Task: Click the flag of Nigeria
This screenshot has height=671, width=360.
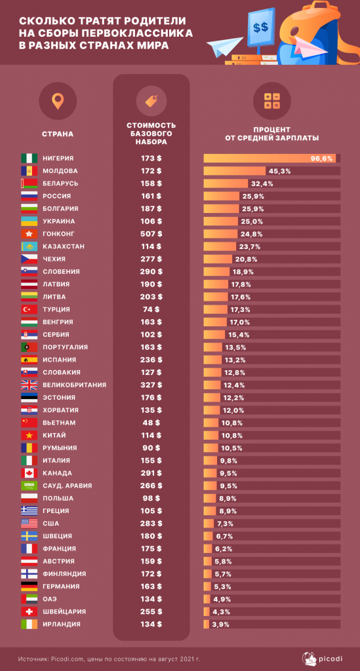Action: coord(30,159)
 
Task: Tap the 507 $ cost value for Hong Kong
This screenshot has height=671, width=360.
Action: coord(151,234)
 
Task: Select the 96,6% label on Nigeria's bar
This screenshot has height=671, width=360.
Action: coord(322,159)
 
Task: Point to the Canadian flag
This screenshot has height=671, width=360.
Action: coord(30,473)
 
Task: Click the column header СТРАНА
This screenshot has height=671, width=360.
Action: coord(58,134)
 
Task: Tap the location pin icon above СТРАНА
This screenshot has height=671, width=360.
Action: coord(58,102)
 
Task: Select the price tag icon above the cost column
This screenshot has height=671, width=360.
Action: coord(151,101)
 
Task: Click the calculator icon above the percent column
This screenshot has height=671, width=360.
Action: coord(271,101)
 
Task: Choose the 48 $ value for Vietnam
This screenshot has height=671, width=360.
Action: coord(151,423)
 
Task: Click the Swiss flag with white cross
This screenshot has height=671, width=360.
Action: coord(30,611)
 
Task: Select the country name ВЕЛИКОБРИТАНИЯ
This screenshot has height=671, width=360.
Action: coord(74,385)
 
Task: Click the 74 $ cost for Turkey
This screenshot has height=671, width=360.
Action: coord(151,309)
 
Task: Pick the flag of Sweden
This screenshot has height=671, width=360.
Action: coord(30,536)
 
